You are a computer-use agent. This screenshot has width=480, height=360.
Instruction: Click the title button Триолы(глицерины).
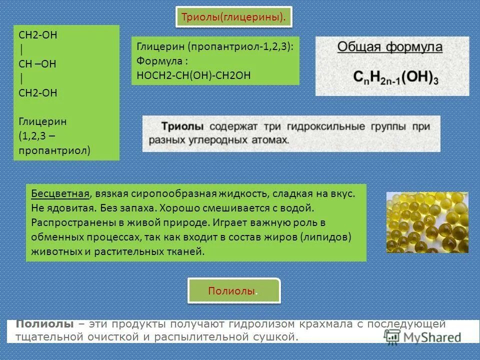click(234, 17)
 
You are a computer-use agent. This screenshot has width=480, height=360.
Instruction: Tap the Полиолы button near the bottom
click(234, 291)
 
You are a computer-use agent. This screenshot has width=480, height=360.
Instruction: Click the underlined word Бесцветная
click(60, 193)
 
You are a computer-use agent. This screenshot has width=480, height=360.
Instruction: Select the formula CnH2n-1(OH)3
click(395, 77)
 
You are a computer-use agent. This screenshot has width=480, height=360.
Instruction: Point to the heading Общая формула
click(390, 47)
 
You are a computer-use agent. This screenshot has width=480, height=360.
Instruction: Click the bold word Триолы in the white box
click(182, 126)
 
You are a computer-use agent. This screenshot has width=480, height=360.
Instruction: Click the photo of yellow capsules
click(427, 222)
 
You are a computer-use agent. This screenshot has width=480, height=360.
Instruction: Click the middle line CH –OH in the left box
click(37, 64)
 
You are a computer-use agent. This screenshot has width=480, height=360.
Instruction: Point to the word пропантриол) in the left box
click(54, 150)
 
